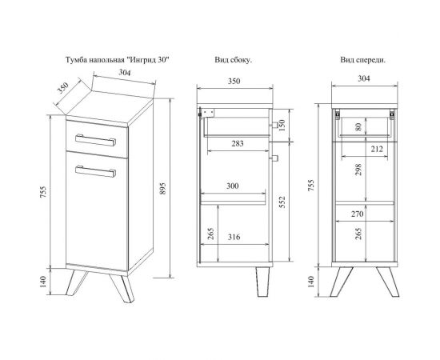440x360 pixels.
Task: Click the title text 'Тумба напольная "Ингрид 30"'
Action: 118,60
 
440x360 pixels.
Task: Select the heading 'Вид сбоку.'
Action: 234,60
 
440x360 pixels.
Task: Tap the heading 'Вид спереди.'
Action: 363,60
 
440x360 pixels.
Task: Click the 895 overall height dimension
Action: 163,189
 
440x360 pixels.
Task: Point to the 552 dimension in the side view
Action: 282,202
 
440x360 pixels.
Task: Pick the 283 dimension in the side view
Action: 238,144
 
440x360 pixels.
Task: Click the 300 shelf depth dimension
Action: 232,186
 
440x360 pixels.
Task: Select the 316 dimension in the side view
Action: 234,238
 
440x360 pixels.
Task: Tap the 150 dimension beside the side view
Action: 282,126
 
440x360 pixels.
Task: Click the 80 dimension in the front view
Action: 358,126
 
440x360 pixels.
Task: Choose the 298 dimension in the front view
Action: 358,170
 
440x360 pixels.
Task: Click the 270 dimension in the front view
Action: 358,214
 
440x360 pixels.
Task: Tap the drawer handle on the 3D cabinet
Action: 95,140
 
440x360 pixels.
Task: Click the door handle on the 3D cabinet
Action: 95,171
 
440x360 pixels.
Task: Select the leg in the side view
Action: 262,282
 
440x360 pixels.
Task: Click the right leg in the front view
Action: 388,282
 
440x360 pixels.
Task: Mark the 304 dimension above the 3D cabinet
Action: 124,72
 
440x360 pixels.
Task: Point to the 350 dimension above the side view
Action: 234,81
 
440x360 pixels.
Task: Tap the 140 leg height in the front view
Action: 310,282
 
